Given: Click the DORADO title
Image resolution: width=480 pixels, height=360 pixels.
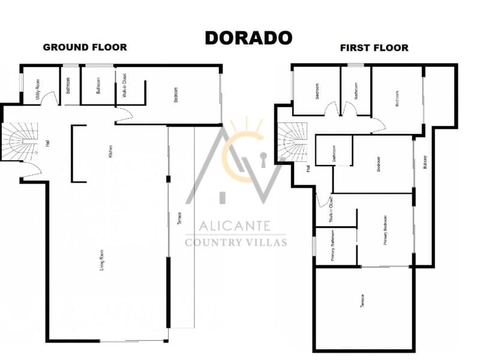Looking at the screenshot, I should (248, 37).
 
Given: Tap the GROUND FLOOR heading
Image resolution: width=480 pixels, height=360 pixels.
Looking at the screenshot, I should (85, 47).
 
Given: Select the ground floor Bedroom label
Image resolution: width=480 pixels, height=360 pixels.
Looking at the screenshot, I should (176, 96).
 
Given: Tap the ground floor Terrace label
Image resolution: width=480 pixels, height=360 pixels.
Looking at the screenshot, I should (180, 220).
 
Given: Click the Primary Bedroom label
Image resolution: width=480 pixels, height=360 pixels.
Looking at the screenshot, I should (385, 231).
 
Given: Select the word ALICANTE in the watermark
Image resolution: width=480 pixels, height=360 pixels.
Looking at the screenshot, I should (236, 227).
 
